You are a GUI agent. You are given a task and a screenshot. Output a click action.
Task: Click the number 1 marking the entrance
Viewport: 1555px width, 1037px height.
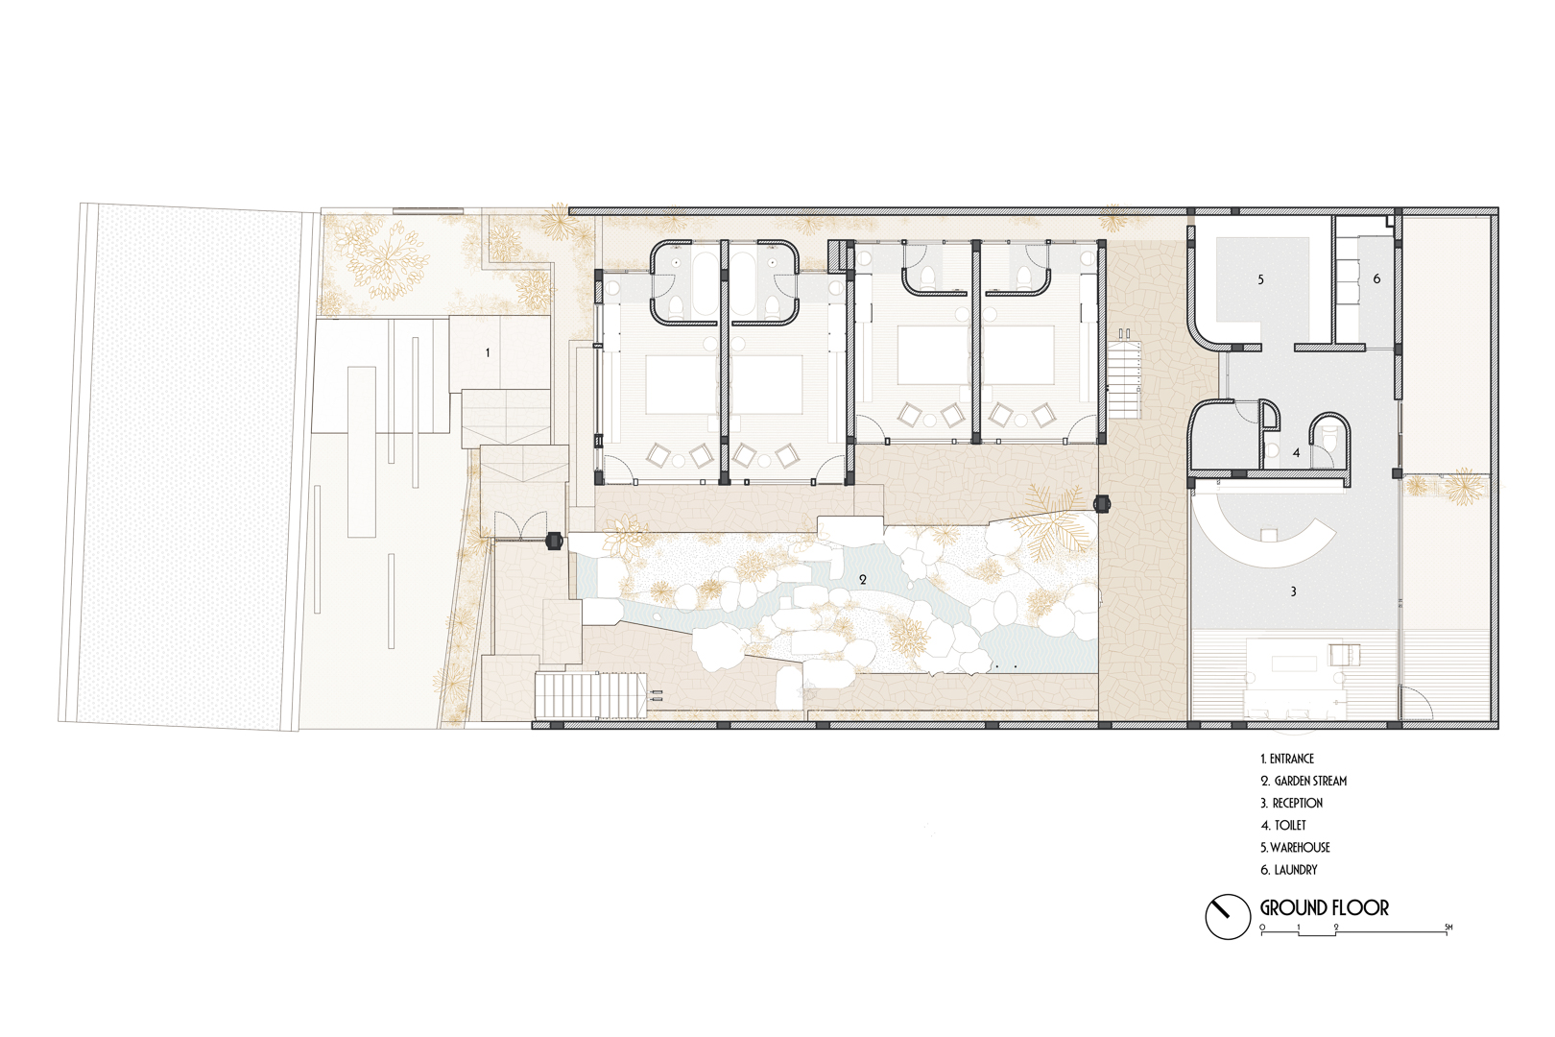point(488,352)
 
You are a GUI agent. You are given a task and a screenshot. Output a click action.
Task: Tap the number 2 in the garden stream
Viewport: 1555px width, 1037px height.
point(863,579)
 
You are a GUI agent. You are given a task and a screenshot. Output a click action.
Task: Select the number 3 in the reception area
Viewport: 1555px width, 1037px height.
point(1293,591)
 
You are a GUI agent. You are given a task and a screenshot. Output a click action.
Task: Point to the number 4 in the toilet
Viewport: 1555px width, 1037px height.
point(1296,452)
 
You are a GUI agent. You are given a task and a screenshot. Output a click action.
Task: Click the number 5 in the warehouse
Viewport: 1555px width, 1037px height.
point(1260,279)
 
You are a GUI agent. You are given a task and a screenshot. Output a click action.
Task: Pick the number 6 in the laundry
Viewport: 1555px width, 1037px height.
point(1376,278)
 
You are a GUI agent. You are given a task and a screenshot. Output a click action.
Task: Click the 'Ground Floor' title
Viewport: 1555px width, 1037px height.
point(1325,907)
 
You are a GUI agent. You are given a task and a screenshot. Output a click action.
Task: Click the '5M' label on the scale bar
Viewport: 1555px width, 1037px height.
point(1448,928)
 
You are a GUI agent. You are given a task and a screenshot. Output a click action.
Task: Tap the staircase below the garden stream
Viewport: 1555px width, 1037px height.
point(590,694)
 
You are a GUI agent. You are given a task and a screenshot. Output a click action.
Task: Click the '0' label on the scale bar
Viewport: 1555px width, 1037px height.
point(1262,928)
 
